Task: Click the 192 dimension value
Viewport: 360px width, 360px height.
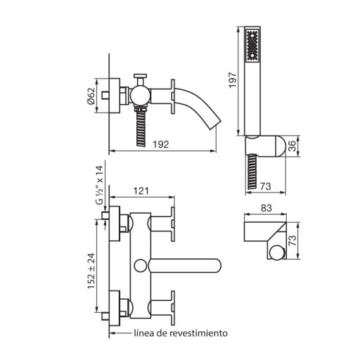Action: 161,144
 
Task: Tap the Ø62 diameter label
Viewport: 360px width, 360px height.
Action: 91,96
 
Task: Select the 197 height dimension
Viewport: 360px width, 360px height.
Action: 233,80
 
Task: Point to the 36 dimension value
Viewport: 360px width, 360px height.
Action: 292,146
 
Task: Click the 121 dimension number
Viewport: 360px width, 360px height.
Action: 141,191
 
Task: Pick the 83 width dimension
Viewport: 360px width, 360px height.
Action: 266,208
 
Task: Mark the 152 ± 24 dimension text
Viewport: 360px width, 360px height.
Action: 91,271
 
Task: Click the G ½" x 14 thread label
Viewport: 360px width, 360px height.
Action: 100,185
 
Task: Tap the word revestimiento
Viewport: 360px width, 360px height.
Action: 198,333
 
